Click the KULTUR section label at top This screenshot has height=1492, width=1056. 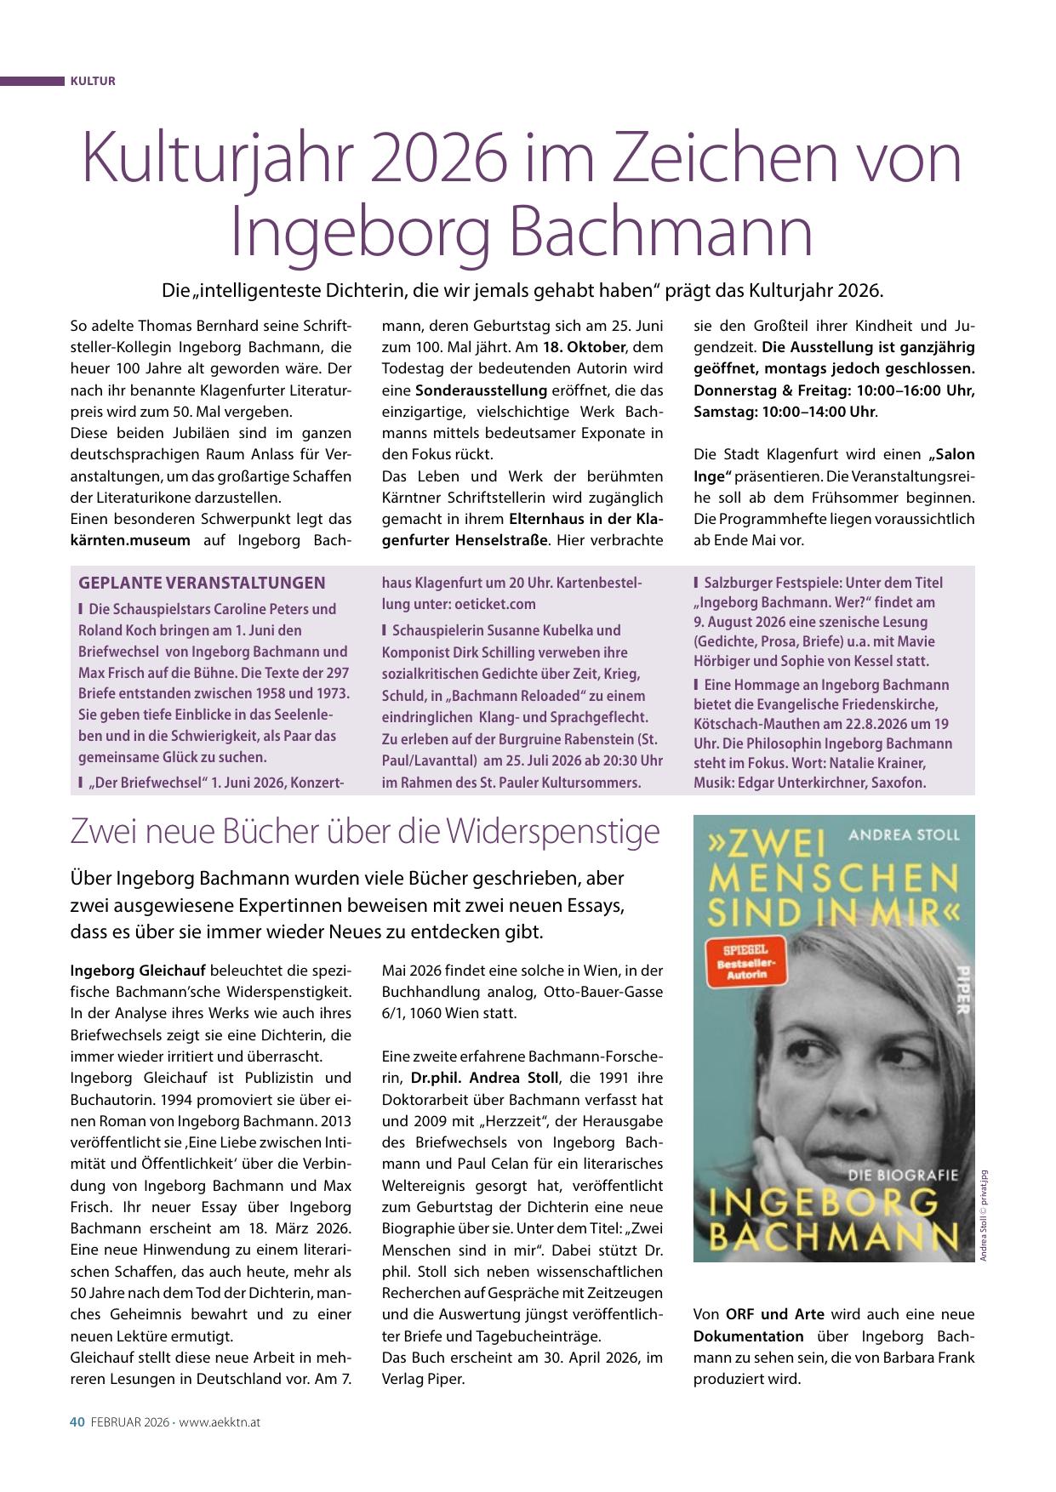[93, 82]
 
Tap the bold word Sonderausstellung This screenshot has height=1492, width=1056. [481, 390]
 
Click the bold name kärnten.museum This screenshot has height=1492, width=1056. [130, 539]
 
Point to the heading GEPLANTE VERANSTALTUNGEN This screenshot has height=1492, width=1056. [202, 583]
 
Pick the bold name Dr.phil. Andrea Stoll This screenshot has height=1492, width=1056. [485, 1078]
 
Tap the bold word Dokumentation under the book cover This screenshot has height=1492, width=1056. [749, 1336]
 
